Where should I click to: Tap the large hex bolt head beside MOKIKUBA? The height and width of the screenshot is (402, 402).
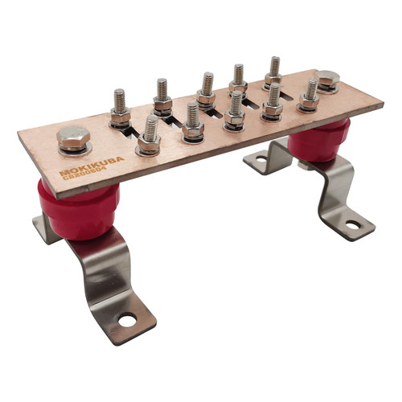[x=73, y=140]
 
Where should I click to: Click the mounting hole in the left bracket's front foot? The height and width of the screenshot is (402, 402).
[x=127, y=321]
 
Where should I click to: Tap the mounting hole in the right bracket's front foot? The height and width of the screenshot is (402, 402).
[x=352, y=224]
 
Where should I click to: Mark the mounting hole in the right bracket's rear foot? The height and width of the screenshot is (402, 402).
[x=261, y=161]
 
